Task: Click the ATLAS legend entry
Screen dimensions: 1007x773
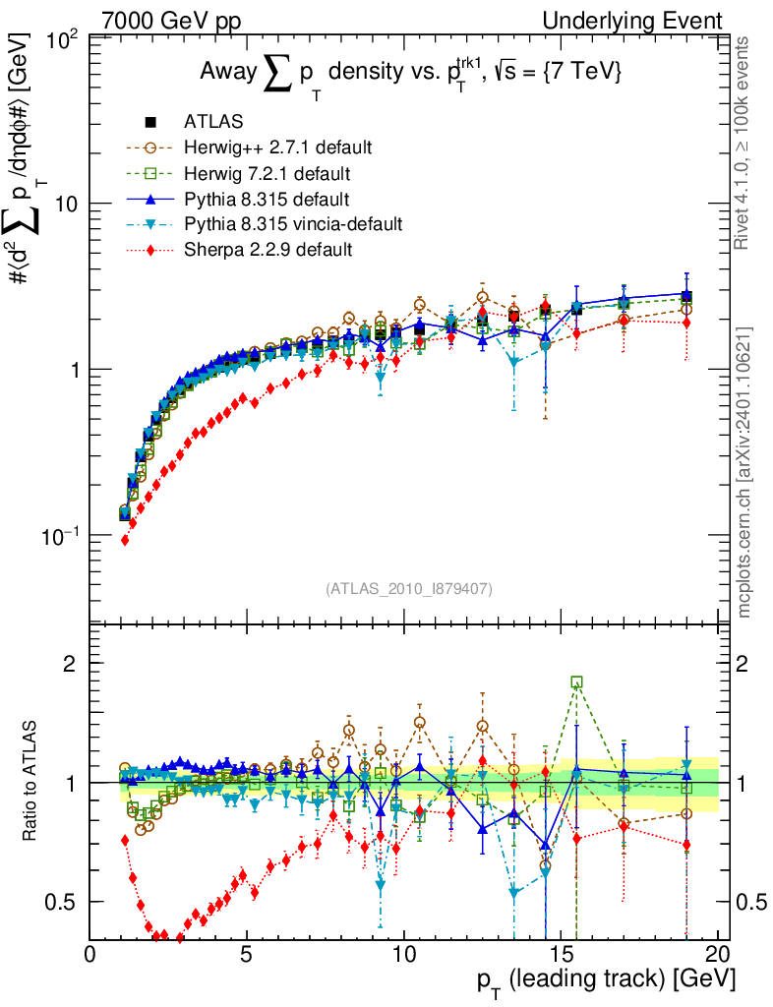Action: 208,122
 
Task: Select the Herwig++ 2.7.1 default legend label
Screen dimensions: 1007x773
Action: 277,148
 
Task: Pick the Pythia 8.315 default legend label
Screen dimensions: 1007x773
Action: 268,199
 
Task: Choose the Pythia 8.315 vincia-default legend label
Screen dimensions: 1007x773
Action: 293,224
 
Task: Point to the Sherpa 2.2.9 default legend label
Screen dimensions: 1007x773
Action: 268,250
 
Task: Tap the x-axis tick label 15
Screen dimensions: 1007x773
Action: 561,955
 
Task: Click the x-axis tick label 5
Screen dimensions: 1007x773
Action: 247,955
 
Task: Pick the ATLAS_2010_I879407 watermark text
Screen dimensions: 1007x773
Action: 408,589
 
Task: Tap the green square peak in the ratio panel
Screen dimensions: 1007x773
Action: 576,682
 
